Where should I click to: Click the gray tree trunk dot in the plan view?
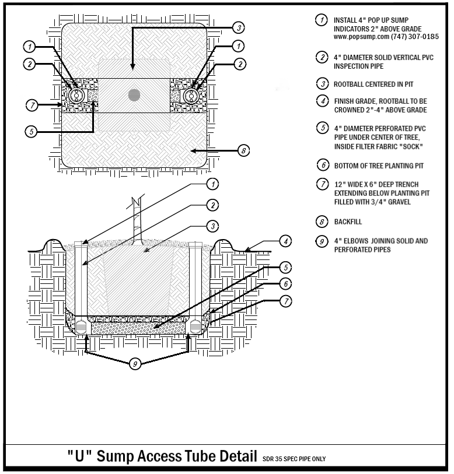(134, 94)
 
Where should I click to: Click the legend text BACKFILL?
(348, 222)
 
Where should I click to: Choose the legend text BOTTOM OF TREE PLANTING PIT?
(378, 166)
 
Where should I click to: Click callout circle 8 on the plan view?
(244, 150)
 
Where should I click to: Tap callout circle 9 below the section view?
(135, 364)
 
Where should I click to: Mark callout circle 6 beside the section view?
(286, 283)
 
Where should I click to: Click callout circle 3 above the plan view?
(238, 27)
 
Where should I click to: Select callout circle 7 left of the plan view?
(33, 106)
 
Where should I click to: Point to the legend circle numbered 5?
(322, 128)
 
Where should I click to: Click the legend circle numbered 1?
(322, 20)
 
